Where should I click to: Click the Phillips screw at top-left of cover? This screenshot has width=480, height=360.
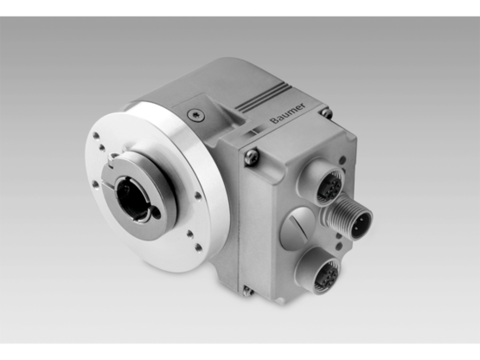click(x=252, y=157)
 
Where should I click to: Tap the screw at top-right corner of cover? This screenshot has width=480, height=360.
click(x=325, y=112)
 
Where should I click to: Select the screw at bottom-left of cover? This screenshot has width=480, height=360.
click(x=248, y=290)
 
